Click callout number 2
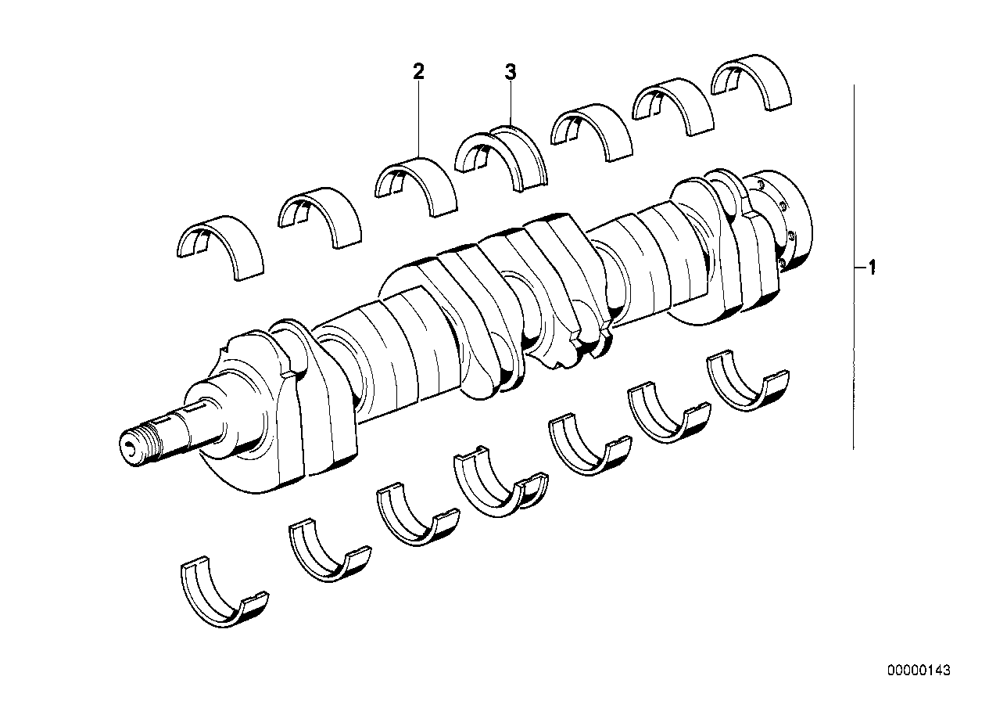click(418, 72)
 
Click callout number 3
click(510, 73)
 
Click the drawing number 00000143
click(918, 671)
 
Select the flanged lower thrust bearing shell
click(497, 485)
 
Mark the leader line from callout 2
click(419, 117)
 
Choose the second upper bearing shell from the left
click(320, 214)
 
